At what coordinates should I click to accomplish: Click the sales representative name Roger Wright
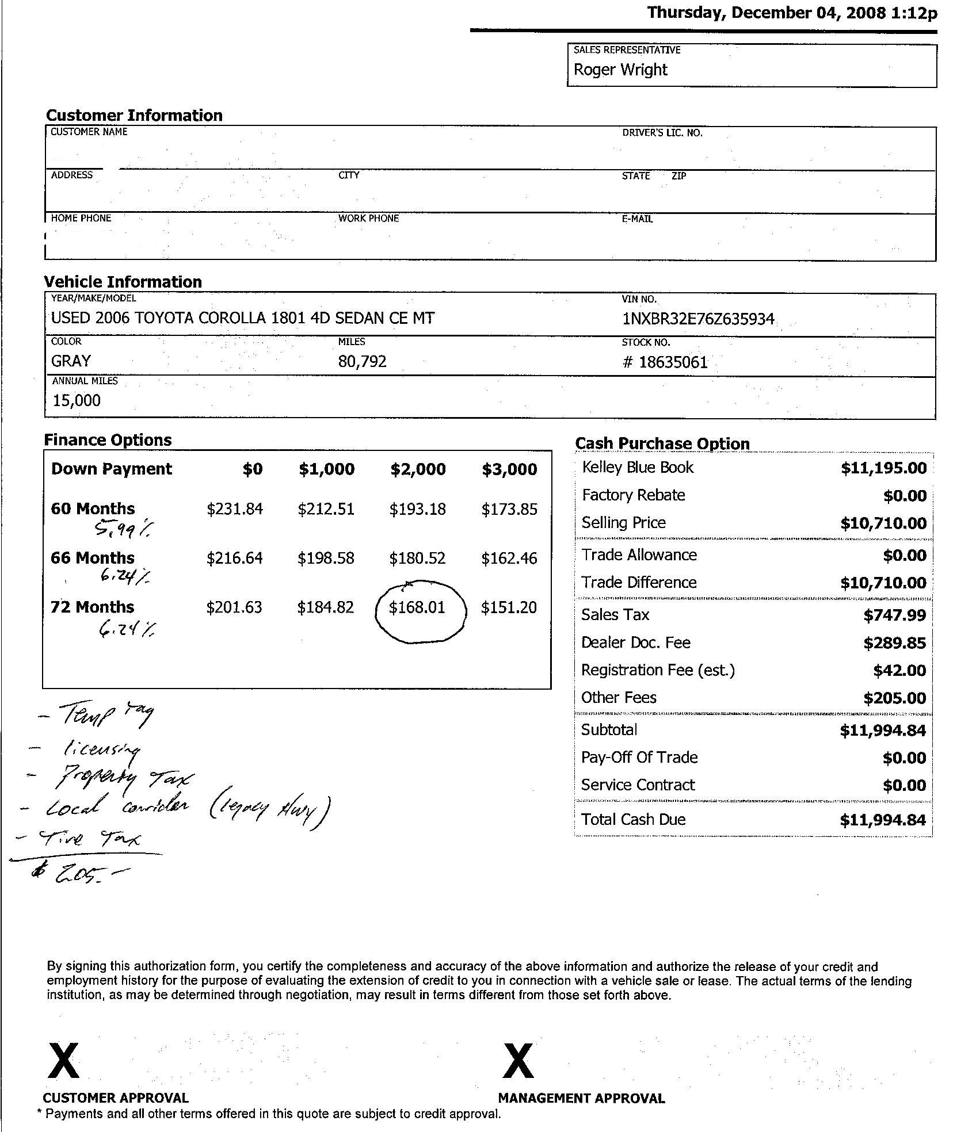[x=620, y=70]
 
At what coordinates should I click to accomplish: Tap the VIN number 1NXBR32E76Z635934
[x=698, y=319]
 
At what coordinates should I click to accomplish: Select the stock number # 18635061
[x=665, y=362]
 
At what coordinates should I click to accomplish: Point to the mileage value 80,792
[x=363, y=361]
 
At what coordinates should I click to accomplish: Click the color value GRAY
[x=71, y=361]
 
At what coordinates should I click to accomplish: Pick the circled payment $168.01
[x=417, y=607]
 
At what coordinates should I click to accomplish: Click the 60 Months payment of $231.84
[x=235, y=509]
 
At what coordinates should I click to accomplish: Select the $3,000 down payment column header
[x=509, y=469]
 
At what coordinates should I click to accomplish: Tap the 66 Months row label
[x=92, y=558]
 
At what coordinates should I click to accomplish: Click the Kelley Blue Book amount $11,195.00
[x=883, y=468]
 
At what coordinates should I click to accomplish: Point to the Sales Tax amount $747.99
[x=894, y=615]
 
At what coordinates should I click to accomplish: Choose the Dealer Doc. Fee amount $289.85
[x=894, y=643]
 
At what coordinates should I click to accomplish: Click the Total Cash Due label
[x=633, y=820]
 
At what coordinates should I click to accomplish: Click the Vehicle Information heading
[x=123, y=282]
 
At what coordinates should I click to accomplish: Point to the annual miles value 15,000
[x=77, y=400]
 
